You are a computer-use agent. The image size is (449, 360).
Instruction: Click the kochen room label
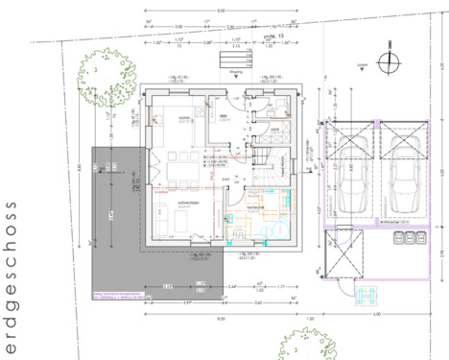point(185,119)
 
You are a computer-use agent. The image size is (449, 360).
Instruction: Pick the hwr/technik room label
point(256,206)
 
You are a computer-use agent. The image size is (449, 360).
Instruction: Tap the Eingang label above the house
point(236,70)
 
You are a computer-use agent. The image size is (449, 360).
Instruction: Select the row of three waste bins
point(320,274)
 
